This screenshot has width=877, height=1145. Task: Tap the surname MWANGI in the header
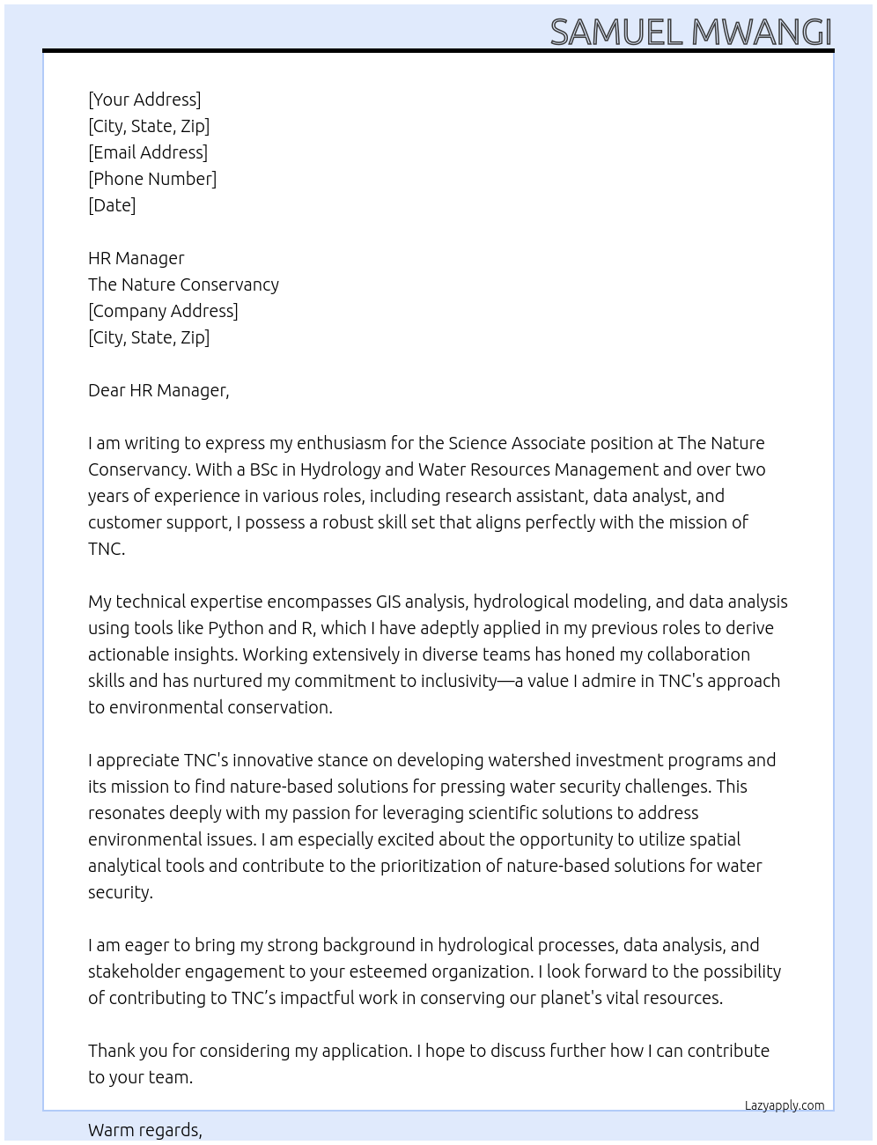[x=762, y=33]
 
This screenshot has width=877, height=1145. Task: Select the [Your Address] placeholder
[x=144, y=100]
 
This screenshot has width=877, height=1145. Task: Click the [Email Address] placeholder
[x=148, y=152]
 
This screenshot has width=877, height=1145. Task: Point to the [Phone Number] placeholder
[x=152, y=179]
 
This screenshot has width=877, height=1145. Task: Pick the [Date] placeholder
[x=112, y=205]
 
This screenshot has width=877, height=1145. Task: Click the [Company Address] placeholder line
[x=163, y=311]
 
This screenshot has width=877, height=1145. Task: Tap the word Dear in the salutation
[x=107, y=390]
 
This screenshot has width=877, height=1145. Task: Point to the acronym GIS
[x=388, y=602]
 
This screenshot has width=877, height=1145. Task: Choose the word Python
[x=235, y=628]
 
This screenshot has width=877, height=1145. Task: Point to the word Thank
[x=111, y=1051]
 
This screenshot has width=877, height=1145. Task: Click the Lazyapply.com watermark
[x=785, y=1105]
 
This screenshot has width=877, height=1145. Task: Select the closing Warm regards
[x=145, y=1130]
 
